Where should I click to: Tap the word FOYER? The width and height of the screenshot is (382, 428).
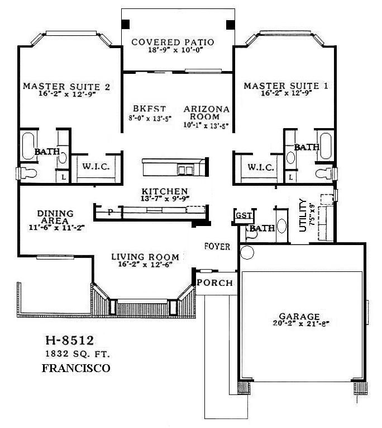[x=217, y=246]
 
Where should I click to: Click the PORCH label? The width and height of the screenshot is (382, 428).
[x=215, y=283]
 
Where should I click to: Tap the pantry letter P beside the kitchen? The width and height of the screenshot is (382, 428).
[x=110, y=212]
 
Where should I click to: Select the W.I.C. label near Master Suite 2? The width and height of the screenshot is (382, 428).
[x=95, y=167]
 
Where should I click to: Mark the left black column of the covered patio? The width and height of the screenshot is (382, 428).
[x=127, y=24]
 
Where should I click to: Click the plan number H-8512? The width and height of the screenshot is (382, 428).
[x=69, y=341]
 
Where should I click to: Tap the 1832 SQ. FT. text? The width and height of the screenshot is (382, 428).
[x=72, y=354]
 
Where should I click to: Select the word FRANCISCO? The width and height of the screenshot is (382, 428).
[x=76, y=368]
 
